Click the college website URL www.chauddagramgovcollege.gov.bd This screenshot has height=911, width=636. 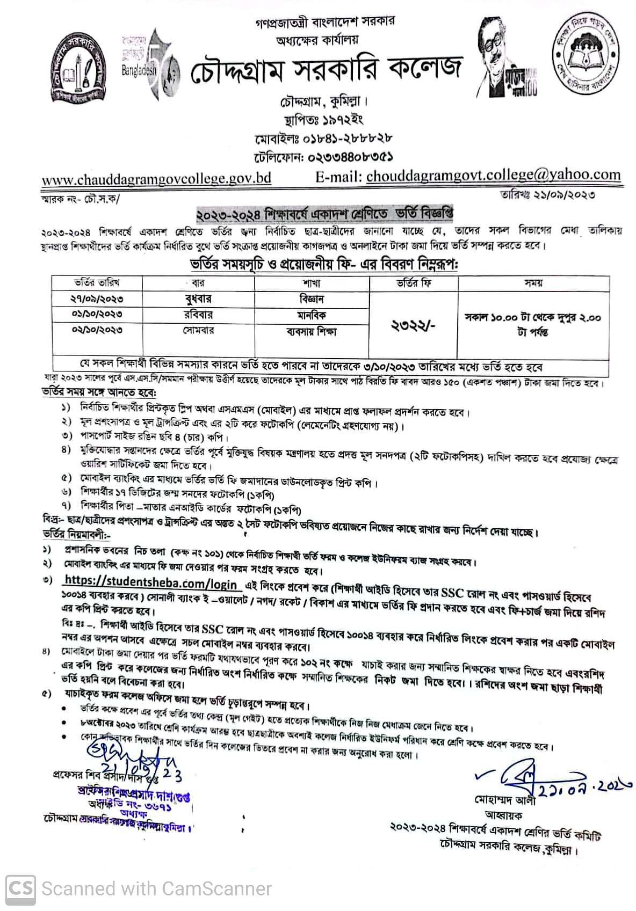coord(156,178)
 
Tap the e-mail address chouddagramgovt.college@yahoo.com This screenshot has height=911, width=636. coord(493,176)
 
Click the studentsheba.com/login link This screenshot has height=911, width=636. coord(150,584)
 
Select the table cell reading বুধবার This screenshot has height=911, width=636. coord(198,298)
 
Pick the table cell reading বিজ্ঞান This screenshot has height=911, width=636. coord(312,298)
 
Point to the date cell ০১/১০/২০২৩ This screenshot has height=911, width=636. coord(97,314)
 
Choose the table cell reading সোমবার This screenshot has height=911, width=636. coord(198,330)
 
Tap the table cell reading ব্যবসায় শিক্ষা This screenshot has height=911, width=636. coord(312,331)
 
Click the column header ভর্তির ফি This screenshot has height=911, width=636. coord(414,283)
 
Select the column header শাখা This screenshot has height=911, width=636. coord(312,283)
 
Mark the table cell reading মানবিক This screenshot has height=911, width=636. coord(312,315)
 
